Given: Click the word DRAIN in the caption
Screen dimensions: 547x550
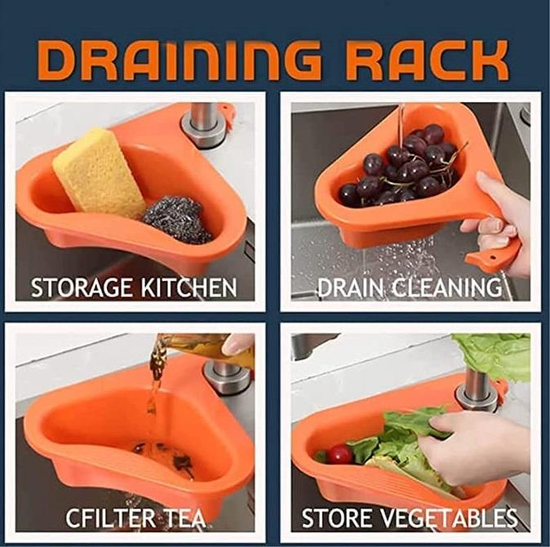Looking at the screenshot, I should (x=349, y=287).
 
